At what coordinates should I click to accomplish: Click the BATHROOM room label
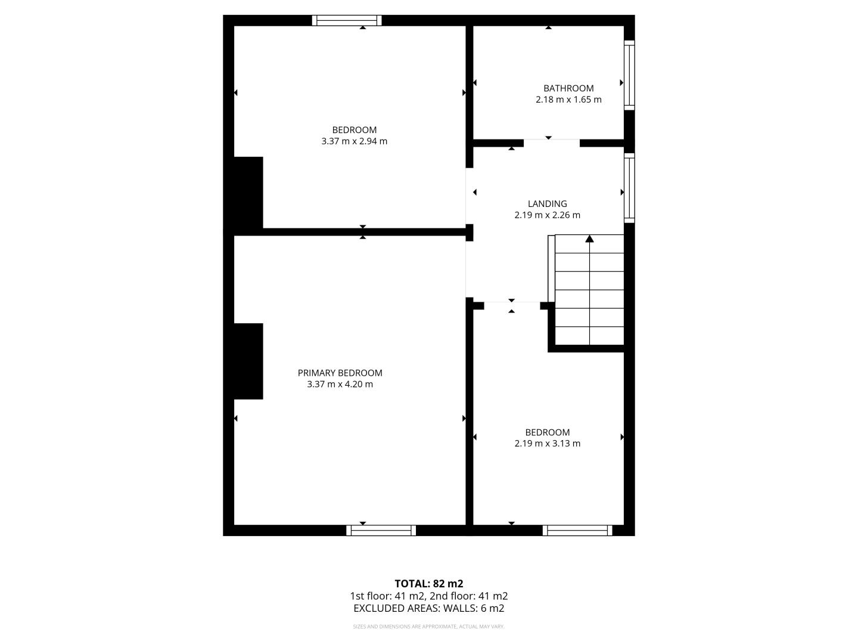tap(568, 88)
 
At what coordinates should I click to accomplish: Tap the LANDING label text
tap(547, 204)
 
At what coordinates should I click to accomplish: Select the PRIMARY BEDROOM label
tap(340, 373)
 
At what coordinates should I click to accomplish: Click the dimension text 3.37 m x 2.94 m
tap(354, 141)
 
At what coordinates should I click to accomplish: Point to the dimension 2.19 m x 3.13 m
tap(547, 444)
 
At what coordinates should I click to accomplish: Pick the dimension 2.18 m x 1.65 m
tap(568, 100)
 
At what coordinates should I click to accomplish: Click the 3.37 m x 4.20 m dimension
tap(340, 384)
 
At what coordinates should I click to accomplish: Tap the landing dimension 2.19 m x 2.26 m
tap(547, 215)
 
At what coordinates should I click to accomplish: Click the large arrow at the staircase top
tap(589, 239)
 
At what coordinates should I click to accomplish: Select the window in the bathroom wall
tap(629, 75)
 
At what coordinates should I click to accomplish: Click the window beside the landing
tap(629, 188)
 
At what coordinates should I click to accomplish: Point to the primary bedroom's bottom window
tap(381, 530)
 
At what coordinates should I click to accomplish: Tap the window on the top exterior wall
tap(347, 20)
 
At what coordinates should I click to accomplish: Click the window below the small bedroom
tap(577, 530)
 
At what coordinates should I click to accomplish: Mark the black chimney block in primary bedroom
tap(248, 361)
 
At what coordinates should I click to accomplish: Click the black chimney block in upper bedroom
tap(248, 193)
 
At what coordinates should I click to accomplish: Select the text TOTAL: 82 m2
tap(429, 584)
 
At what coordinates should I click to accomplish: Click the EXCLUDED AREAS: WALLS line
tap(429, 608)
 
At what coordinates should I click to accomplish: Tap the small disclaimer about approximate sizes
tap(429, 626)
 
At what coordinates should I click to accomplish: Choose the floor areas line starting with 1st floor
tap(429, 596)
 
